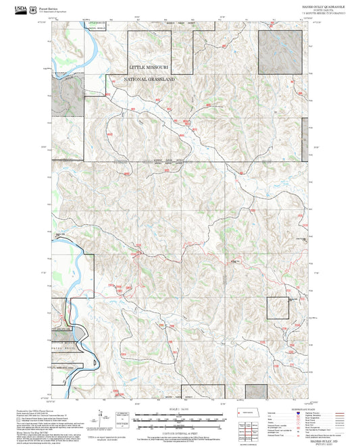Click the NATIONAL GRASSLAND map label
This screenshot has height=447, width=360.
(x=150, y=80)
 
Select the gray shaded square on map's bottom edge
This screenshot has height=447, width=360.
(x=255, y=392)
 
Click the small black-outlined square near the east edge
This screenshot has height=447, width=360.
(x=278, y=308)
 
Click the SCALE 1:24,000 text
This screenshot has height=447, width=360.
(x=179, y=408)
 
